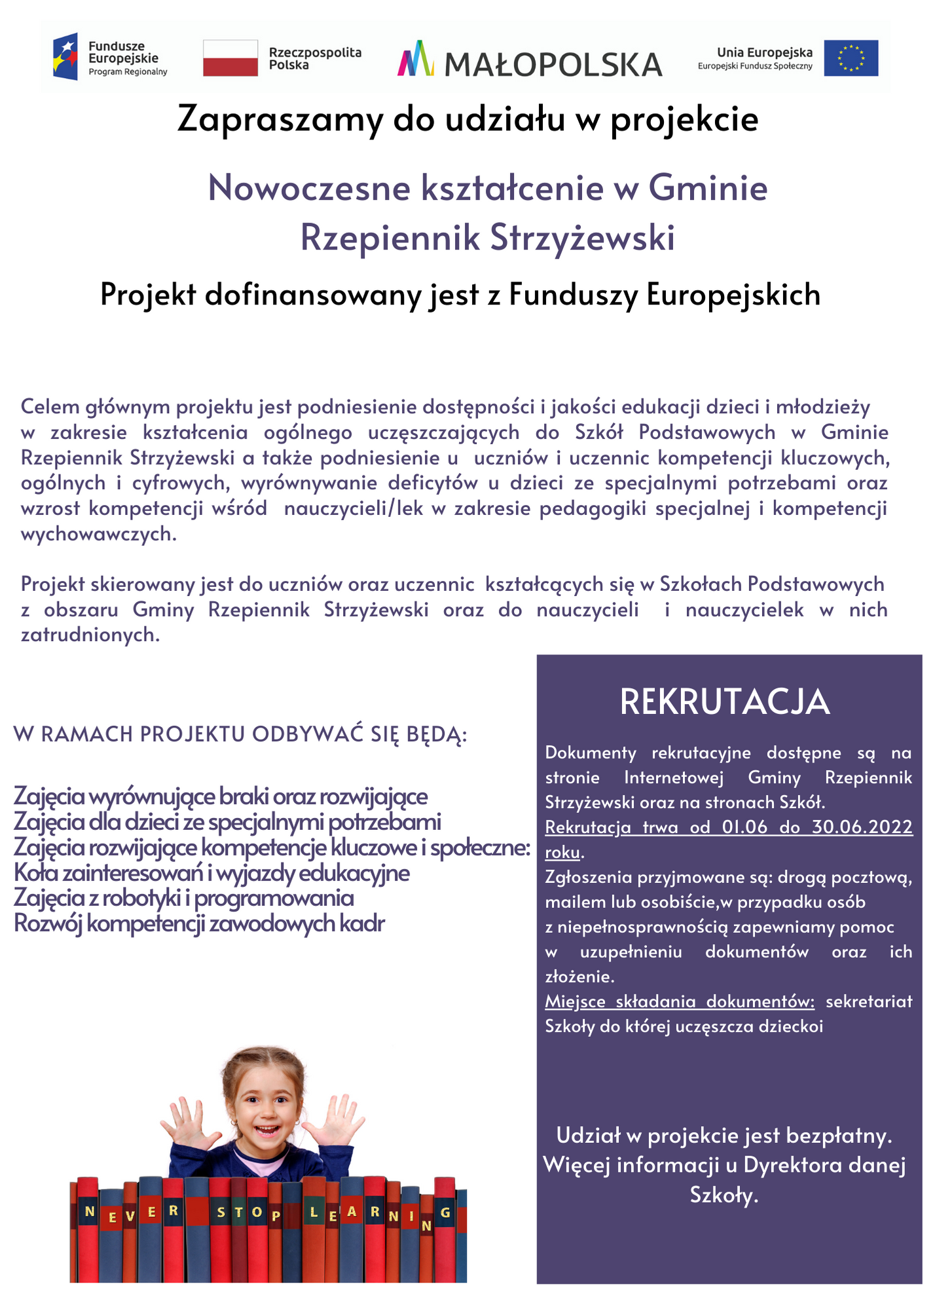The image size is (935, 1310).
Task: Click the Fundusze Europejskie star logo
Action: click(65, 56)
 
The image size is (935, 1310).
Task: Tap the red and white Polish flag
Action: click(230, 58)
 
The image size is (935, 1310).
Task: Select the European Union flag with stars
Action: click(851, 58)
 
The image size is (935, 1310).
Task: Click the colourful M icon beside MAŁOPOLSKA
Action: click(416, 58)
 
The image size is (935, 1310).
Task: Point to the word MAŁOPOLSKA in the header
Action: click(553, 64)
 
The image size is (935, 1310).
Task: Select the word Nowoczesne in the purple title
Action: click(309, 188)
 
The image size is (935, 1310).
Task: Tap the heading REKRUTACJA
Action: click(724, 702)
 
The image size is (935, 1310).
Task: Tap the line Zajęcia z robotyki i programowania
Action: click(183, 898)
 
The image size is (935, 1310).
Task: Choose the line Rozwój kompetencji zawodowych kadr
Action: click(199, 924)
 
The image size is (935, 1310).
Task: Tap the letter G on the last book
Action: click(445, 1212)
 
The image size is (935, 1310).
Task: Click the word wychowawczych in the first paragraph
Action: click(98, 534)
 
